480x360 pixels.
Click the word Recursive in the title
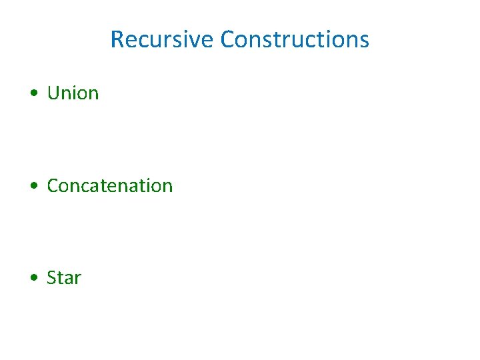pyautogui.click(x=162, y=39)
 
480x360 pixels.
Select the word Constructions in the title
pyautogui.click(x=294, y=39)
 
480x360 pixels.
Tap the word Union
pyautogui.click(x=73, y=93)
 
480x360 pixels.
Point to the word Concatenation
pyautogui.click(x=109, y=185)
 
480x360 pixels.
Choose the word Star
pyautogui.click(x=64, y=277)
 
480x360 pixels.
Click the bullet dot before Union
pyautogui.click(x=33, y=94)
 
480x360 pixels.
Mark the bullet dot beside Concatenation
pyautogui.click(x=33, y=186)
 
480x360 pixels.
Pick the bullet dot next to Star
pyautogui.click(x=33, y=278)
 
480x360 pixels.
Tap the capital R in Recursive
pyautogui.click(x=117, y=39)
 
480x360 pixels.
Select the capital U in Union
pyautogui.click(x=53, y=93)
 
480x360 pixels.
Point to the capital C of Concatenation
pyautogui.click(x=53, y=185)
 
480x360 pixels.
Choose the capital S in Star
pyautogui.click(x=51, y=277)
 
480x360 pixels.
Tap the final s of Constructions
pyautogui.click(x=364, y=41)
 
